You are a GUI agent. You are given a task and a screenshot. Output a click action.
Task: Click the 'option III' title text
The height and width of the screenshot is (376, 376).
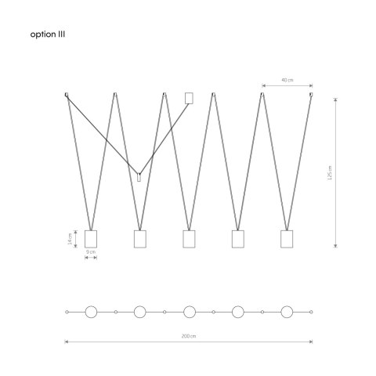[x=48, y=34]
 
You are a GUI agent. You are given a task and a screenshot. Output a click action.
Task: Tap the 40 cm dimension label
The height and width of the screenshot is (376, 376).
[x=287, y=80]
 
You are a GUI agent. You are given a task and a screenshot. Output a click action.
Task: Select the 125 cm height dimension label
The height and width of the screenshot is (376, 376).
[x=330, y=172]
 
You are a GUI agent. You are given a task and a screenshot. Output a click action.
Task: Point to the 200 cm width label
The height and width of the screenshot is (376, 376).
[x=189, y=336]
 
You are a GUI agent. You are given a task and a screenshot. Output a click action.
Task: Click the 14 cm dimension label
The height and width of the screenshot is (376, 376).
[x=70, y=239]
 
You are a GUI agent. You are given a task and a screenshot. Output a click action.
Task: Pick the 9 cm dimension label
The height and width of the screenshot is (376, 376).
[x=91, y=252]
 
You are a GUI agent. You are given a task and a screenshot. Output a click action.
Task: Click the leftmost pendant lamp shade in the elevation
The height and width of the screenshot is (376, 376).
[x=91, y=239]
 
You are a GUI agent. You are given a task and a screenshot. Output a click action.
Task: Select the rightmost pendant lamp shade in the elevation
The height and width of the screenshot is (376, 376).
[x=287, y=239]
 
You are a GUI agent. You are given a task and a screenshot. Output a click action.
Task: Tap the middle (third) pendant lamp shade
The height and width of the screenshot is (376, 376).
[x=189, y=239]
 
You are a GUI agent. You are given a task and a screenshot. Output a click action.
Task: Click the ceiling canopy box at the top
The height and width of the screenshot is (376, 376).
[x=189, y=98]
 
